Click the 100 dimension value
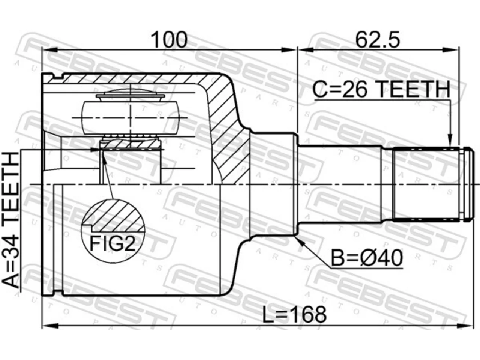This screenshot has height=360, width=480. pos(169,40)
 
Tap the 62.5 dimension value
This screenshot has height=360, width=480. pos(378,40)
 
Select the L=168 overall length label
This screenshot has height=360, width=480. pos(294,315)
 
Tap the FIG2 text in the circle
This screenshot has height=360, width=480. pos(112,244)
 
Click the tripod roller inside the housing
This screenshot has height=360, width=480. pos(130,118)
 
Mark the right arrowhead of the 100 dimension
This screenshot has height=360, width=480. pos(289,50)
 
